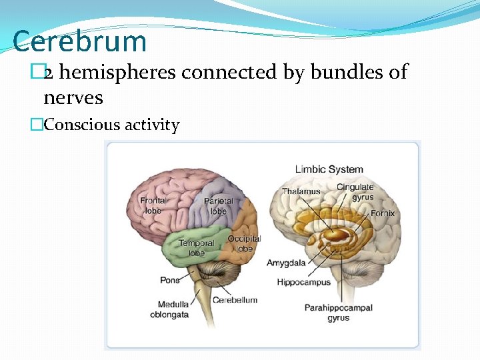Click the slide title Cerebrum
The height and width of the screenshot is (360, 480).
tap(79, 41)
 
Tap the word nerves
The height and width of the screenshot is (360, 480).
tap(73, 98)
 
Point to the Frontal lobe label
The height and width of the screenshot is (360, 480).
tap(153, 205)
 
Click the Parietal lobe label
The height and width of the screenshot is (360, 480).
tap(218, 206)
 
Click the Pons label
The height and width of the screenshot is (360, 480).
tap(170, 280)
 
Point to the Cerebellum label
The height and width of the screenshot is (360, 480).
tap(235, 300)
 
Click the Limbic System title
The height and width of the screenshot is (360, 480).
tap(329, 169)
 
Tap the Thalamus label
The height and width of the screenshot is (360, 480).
tap(301, 191)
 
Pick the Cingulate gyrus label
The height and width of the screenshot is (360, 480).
tap(355, 192)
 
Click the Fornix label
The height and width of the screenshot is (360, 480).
tap(383, 213)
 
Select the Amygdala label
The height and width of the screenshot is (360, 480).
tap(286, 263)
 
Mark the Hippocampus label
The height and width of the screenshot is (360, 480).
tap(303, 282)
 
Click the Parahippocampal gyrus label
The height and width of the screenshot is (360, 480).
tap(338, 313)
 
